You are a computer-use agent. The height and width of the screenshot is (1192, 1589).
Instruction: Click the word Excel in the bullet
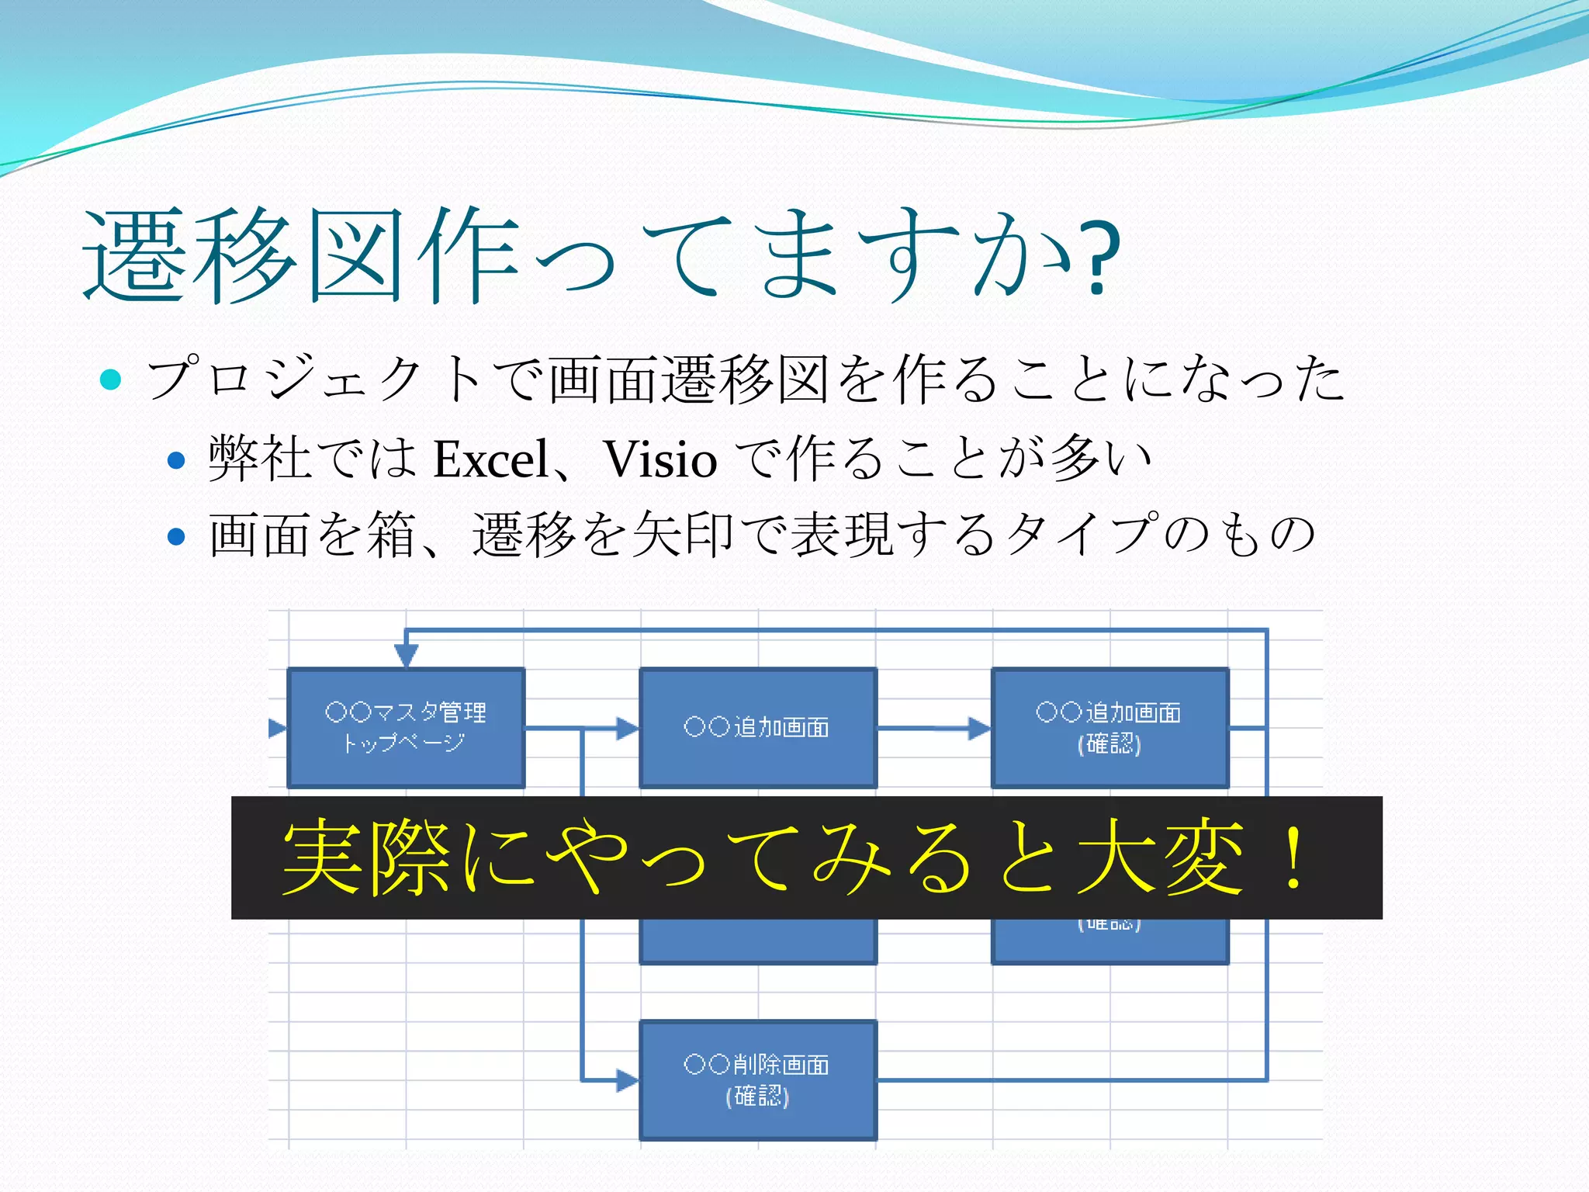(490, 459)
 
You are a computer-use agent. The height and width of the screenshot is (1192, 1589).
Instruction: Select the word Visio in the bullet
(660, 459)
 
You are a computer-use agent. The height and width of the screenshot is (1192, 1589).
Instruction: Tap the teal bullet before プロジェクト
(111, 379)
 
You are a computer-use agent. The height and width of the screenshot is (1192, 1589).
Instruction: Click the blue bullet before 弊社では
(177, 460)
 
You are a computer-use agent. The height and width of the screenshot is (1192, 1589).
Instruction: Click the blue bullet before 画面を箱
(177, 536)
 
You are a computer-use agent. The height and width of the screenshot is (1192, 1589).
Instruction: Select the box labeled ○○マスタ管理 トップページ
(406, 728)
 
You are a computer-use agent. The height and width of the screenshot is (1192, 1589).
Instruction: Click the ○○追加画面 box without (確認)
(758, 728)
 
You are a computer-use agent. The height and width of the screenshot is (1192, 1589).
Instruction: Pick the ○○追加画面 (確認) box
(1110, 728)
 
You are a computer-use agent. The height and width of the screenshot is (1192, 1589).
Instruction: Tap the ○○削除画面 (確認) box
(758, 1079)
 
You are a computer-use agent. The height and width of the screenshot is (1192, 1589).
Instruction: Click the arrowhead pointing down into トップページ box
(406, 656)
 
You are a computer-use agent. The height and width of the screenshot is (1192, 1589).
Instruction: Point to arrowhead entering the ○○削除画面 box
(627, 1079)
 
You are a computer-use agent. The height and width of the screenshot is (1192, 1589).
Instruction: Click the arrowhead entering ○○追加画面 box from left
(627, 728)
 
